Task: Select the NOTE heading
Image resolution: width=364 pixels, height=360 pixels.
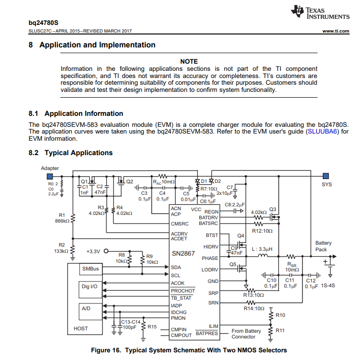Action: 189,61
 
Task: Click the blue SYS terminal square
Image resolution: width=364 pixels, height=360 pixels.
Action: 326,176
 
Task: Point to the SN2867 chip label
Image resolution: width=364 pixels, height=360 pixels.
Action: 183,253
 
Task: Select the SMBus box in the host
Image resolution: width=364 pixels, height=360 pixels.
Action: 91,269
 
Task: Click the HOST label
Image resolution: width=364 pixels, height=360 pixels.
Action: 81,329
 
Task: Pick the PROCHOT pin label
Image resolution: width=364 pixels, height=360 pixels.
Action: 182,291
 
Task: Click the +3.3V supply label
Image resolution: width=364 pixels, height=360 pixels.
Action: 94,251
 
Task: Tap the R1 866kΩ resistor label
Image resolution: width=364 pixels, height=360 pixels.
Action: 61,218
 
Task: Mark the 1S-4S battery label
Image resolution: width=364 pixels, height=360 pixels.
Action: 328,286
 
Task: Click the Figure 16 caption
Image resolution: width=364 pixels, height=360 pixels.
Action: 189,350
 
